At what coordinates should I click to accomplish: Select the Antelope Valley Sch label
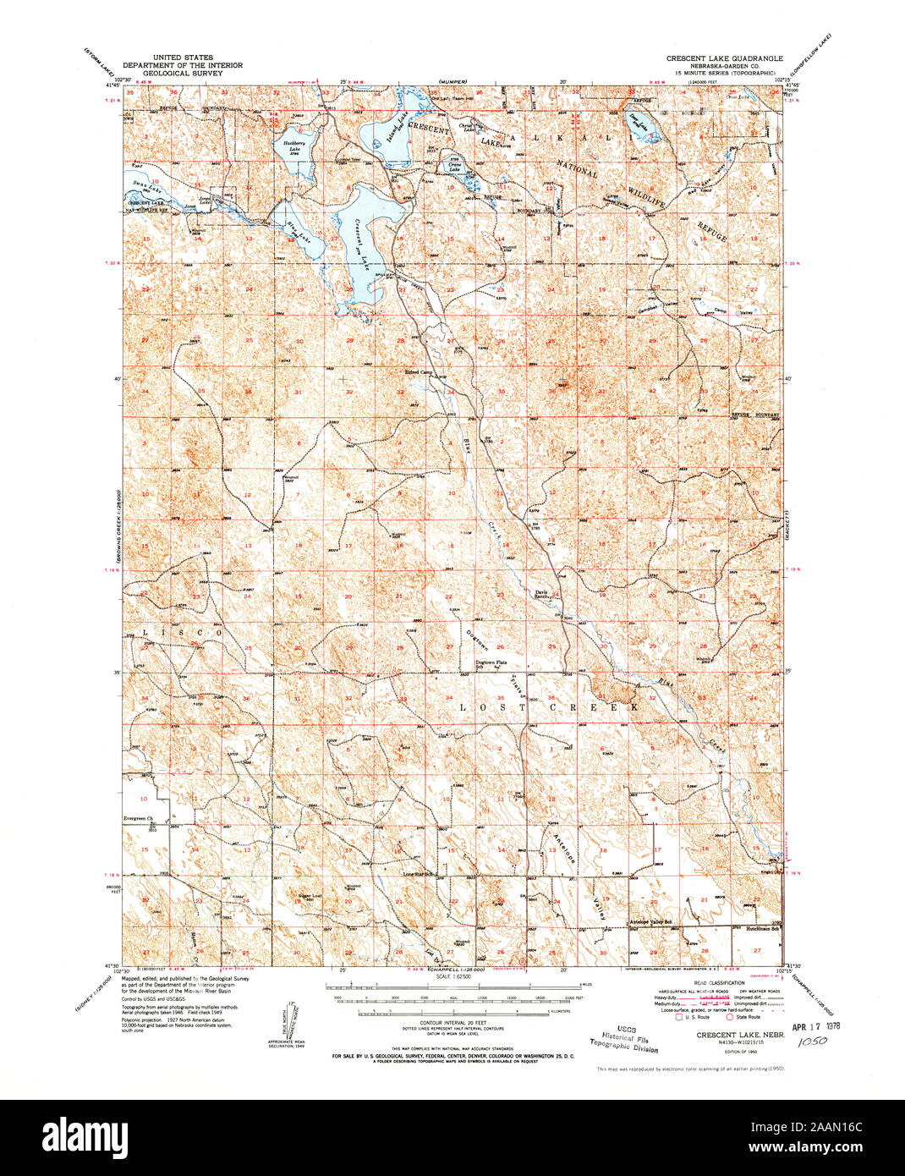tap(650, 921)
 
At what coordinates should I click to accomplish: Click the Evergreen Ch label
tap(135, 819)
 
